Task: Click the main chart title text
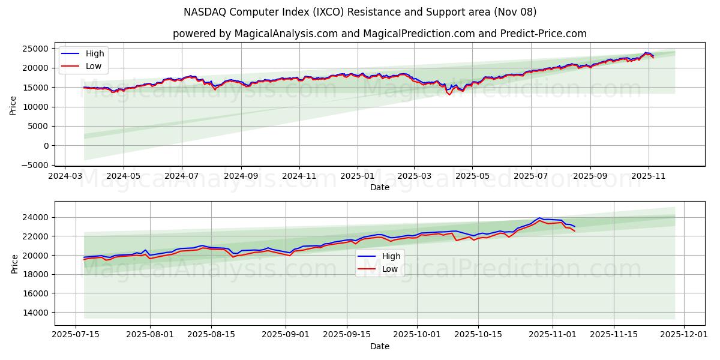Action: point(360,12)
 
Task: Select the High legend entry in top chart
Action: point(94,53)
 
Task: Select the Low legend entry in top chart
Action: point(94,66)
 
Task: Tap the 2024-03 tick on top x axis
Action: point(65,176)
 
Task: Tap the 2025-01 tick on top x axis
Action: point(358,176)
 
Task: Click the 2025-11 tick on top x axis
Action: point(649,176)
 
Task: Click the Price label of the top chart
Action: point(13,105)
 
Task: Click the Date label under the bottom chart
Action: point(379,346)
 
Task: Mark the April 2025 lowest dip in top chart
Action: point(449,95)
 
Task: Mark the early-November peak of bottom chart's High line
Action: point(540,218)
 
